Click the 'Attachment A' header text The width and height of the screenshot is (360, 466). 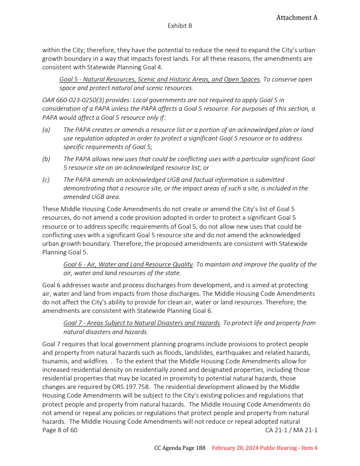(x=297, y=18)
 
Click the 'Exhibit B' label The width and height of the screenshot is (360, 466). (x=180, y=26)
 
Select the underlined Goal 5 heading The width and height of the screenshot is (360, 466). (x=160, y=79)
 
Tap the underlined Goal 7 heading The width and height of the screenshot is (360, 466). (x=142, y=323)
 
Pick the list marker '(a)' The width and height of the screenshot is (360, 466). (x=46, y=130)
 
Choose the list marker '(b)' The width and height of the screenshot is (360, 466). (x=46, y=159)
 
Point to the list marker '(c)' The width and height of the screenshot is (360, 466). (x=46, y=180)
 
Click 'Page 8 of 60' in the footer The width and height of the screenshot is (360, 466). (x=60, y=430)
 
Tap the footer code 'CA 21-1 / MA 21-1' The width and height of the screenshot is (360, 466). (x=291, y=430)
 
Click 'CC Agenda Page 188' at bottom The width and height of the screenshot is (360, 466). (x=180, y=448)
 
